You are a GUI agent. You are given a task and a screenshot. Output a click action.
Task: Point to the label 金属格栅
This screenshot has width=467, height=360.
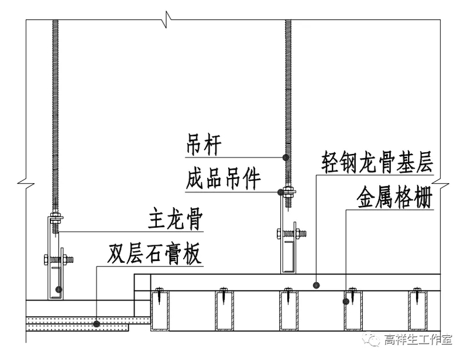point(393,199)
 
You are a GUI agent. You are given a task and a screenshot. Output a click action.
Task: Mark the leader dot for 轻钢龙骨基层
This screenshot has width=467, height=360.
point(317,286)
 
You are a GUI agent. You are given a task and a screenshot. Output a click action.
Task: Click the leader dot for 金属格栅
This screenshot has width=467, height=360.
point(346,301)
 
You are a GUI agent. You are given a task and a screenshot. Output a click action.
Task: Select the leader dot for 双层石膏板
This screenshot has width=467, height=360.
point(96,323)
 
